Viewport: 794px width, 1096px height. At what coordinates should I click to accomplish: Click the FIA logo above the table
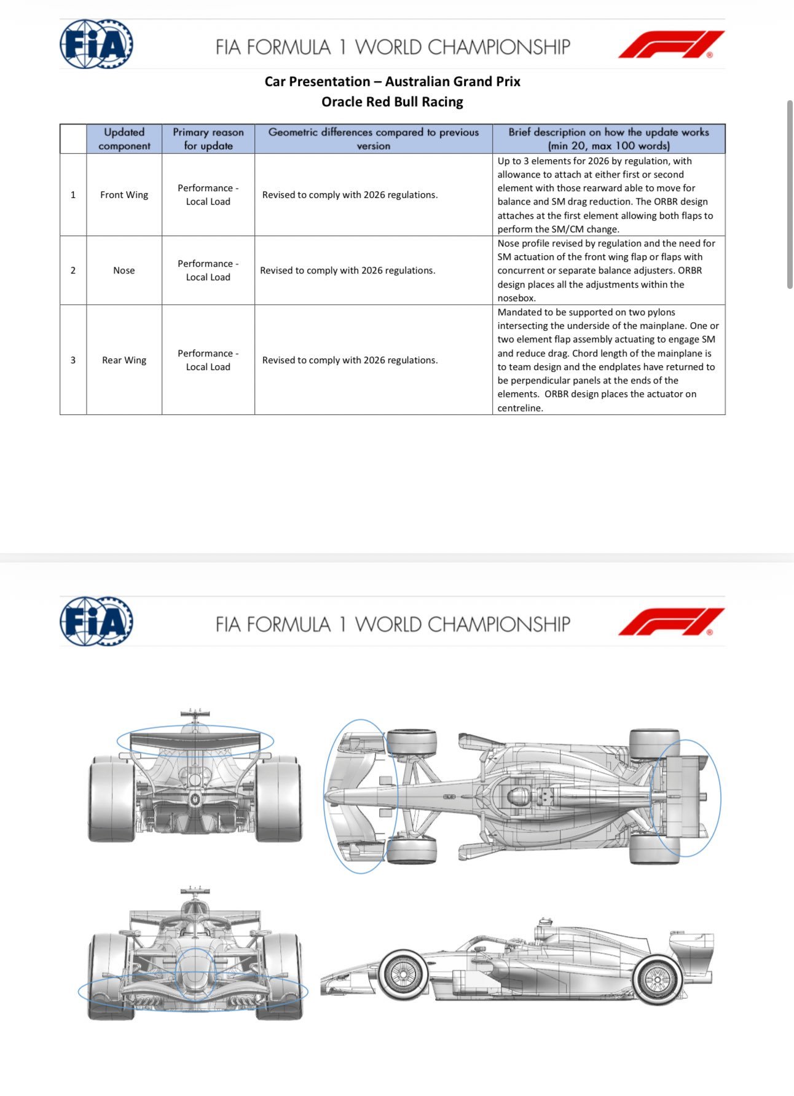96,44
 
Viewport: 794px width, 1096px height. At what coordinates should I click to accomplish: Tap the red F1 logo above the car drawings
670,621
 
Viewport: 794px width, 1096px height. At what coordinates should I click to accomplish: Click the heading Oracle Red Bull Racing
392,101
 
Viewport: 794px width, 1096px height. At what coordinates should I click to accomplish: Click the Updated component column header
124,139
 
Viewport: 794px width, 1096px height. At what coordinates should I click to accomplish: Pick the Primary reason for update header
208,139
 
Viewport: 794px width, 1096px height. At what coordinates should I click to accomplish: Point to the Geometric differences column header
373,139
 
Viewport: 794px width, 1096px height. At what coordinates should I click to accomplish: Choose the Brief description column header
608,139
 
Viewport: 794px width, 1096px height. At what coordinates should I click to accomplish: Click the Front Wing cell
124,195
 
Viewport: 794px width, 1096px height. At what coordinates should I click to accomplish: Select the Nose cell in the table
124,270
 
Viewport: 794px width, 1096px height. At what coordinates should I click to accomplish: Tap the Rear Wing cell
124,360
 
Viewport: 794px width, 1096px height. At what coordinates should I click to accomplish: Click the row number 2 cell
73,270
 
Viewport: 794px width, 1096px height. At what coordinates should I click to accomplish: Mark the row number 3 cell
73,360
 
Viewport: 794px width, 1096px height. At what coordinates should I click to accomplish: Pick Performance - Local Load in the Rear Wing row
208,360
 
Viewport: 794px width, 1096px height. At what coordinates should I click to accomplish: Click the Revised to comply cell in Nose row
348,270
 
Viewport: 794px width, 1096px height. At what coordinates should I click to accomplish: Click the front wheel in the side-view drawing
403,974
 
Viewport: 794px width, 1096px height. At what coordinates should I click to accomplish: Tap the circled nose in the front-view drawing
195,971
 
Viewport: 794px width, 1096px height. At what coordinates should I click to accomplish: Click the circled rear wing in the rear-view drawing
195,741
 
